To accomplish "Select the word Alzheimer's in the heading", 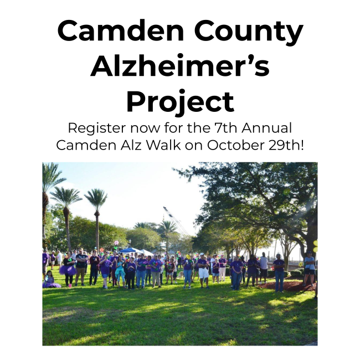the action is tap(180, 66).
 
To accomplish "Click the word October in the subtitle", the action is tap(236, 145).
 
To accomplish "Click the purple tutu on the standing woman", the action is tap(67, 270).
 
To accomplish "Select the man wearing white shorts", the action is tap(203, 270).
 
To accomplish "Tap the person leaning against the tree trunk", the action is tap(309, 269).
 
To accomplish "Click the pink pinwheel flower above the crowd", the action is tap(116, 243).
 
